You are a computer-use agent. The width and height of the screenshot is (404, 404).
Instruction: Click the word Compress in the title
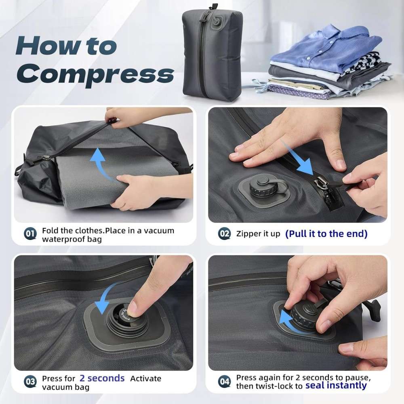[x=95, y=74]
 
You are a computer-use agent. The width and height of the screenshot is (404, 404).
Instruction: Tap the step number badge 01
[x=30, y=234]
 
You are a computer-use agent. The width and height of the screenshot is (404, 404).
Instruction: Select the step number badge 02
[x=224, y=234]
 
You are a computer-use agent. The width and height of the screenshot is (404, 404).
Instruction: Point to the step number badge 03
[x=30, y=381]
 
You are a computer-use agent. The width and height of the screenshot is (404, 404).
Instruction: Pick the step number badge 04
[x=224, y=381]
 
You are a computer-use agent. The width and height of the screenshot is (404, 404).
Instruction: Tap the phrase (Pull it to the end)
[x=326, y=234]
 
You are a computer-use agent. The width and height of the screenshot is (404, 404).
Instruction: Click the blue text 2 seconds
[x=102, y=378]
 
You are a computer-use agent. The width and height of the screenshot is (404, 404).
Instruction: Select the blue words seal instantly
[x=336, y=385]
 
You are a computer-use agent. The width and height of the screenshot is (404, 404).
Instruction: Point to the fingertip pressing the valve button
[x=133, y=307]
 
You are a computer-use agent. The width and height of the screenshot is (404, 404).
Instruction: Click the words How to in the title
[x=66, y=46]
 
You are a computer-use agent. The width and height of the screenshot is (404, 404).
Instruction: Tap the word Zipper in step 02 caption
[x=245, y=234]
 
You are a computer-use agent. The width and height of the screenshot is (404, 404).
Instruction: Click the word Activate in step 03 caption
[x=145, y=379]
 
